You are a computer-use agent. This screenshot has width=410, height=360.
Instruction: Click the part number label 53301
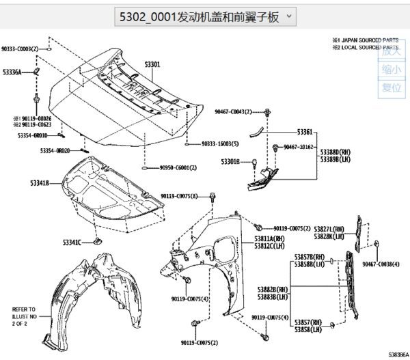tap(152, 64)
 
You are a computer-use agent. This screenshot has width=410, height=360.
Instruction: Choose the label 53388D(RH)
tap(335, 152)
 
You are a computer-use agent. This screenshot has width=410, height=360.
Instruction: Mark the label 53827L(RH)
tap(329, 230)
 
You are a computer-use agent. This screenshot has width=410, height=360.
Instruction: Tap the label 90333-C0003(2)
tap(23, 49)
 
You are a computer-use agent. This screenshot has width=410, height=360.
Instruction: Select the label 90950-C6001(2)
tap(178, 167)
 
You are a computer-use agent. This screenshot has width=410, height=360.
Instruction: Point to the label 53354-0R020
tap(55, 150)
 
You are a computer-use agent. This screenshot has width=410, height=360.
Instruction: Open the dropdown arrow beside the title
tap(290, 15)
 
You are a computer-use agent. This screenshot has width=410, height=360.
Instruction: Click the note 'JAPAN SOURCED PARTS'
tap(370, 40)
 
